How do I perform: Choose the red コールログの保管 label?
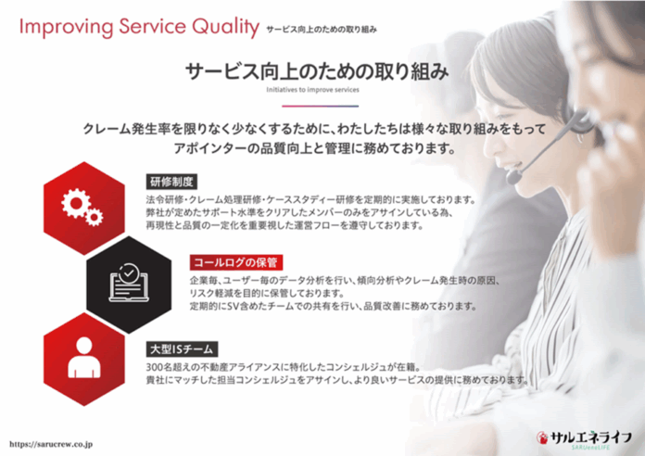[235, 262]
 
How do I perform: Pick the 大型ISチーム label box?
[182, 349]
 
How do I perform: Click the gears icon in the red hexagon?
[82, 207]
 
